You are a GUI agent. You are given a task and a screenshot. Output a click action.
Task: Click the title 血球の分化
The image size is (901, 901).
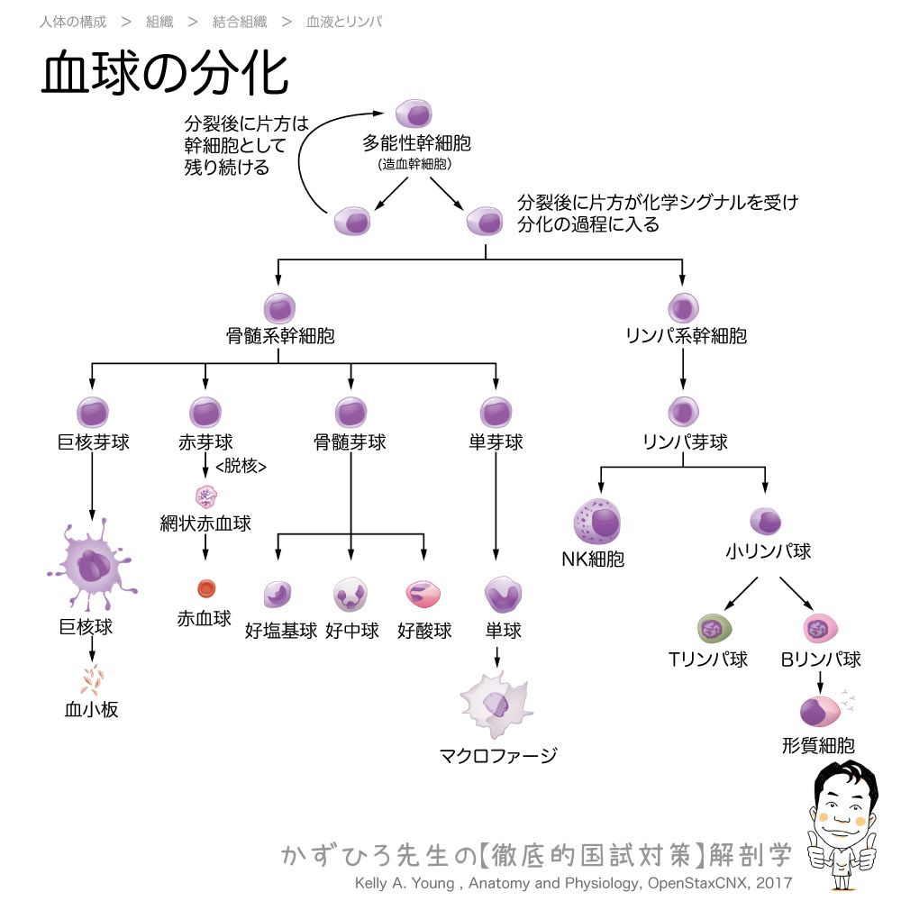(x=165, y=74)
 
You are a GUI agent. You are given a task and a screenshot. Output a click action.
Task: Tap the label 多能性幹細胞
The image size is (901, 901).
(x=416, y=143)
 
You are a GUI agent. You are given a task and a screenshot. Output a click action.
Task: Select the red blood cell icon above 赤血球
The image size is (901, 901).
(x=206, y=588)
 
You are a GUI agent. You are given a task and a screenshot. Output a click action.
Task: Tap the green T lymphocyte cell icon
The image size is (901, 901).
(x=714, y=628)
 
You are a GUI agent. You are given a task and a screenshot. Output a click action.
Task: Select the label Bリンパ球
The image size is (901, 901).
(x=821, y=660)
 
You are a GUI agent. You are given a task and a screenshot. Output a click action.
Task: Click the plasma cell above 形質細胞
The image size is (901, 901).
(x=819, y=711)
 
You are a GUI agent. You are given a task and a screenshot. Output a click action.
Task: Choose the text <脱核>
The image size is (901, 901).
(x=241, y=466)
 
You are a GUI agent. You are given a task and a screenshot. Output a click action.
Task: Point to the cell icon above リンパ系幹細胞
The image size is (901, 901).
(x=684, y=308)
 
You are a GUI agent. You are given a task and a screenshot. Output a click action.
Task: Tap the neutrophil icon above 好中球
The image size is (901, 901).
(x=350, y=596)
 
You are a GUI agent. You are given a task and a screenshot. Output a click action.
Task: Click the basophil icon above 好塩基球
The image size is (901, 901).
(x=278, y=596)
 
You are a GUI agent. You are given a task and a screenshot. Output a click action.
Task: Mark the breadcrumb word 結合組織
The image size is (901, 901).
(x=239, y=22)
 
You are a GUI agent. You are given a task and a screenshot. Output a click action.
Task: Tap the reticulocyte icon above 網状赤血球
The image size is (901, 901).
(x=207, y=496)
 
